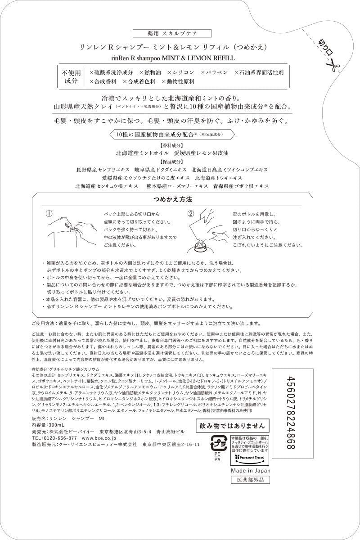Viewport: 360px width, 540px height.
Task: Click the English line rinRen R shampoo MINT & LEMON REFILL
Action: click(x=179, y=58)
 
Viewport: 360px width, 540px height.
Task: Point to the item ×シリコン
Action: click(x=180, y=72)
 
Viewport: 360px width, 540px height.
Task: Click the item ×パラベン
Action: click(x=214, y=72)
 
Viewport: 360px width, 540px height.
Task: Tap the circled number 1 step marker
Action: click(x=50, y=213)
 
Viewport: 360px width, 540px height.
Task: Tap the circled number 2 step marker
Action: click(x=191, y=213)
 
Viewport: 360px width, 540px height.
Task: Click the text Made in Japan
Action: click(x=251, y=470)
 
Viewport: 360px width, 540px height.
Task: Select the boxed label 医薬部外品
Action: click(x=251, y=480)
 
